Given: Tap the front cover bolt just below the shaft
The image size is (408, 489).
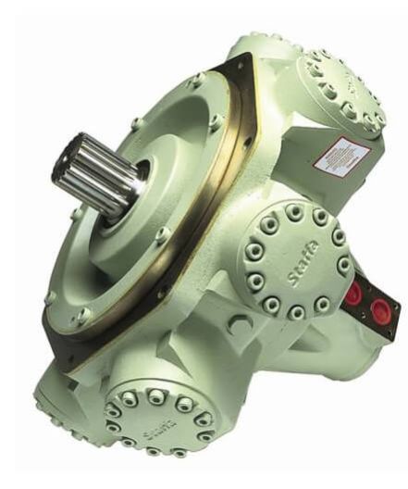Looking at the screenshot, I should tap(162, 237).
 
